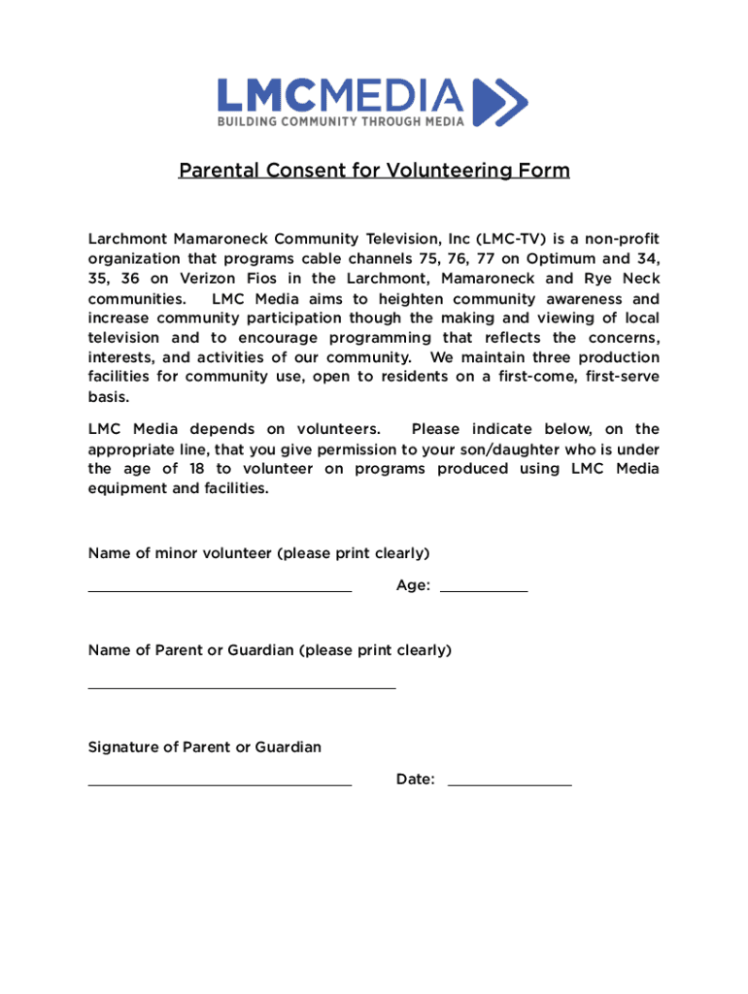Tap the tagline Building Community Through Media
click(x=340, y=121)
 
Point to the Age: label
click(x=413, y=585)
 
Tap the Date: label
click(x=416, y=779)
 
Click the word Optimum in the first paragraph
click(x=562, y=259)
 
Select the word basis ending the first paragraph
click(x=107, y=398)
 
